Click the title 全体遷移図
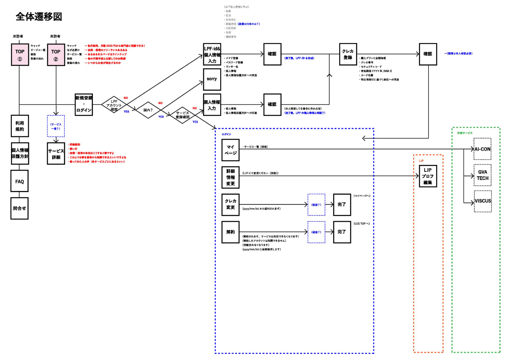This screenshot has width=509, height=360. pyautogui.click(x=39, y=17)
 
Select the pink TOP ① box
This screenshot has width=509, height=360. pyautogui.click(x=20, y=55)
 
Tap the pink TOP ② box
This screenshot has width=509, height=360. pyautogui.click(x=56, y=55)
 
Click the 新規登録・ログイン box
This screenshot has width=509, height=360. pyautogui.click(x=84, y=104)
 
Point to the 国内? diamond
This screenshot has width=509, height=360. pyautogui.click(x=148, y=110)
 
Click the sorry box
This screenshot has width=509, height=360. pyautogui.click(x=212, y=79)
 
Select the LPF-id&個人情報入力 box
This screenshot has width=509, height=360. pyautogui.click(x=212, y=54)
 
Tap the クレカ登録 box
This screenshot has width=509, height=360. pyautogui.click(x=348, y=54)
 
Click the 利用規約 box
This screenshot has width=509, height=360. pyautogui.click(x=20, y=126)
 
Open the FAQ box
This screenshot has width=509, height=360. pyautogui.click(x=20, y=181)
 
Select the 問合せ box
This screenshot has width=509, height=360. pyautogui.click(x=20, y=208)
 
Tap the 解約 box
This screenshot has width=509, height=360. pyautogui.click(x=230, y=232)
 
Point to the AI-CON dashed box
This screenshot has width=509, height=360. pyautogui.click(x=483, y=149)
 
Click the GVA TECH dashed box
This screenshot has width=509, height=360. pyautogui.click(x=483, y=175)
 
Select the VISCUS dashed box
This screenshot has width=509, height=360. pyautogui.click(x=483, y=201)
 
